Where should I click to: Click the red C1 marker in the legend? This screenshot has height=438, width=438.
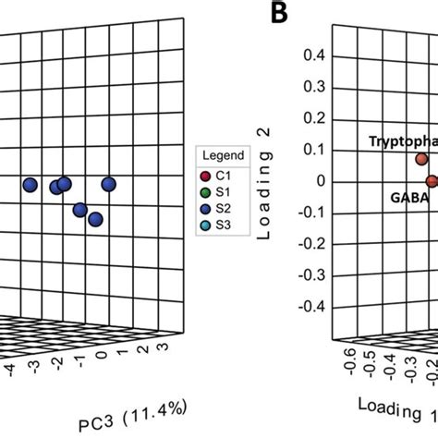205,174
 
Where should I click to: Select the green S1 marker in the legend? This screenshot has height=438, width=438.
205,190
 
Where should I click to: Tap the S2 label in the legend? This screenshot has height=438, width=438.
225,207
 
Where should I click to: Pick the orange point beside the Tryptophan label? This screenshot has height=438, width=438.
422,159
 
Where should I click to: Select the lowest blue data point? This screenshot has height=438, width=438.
95,219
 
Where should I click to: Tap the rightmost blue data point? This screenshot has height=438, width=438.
109,185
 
